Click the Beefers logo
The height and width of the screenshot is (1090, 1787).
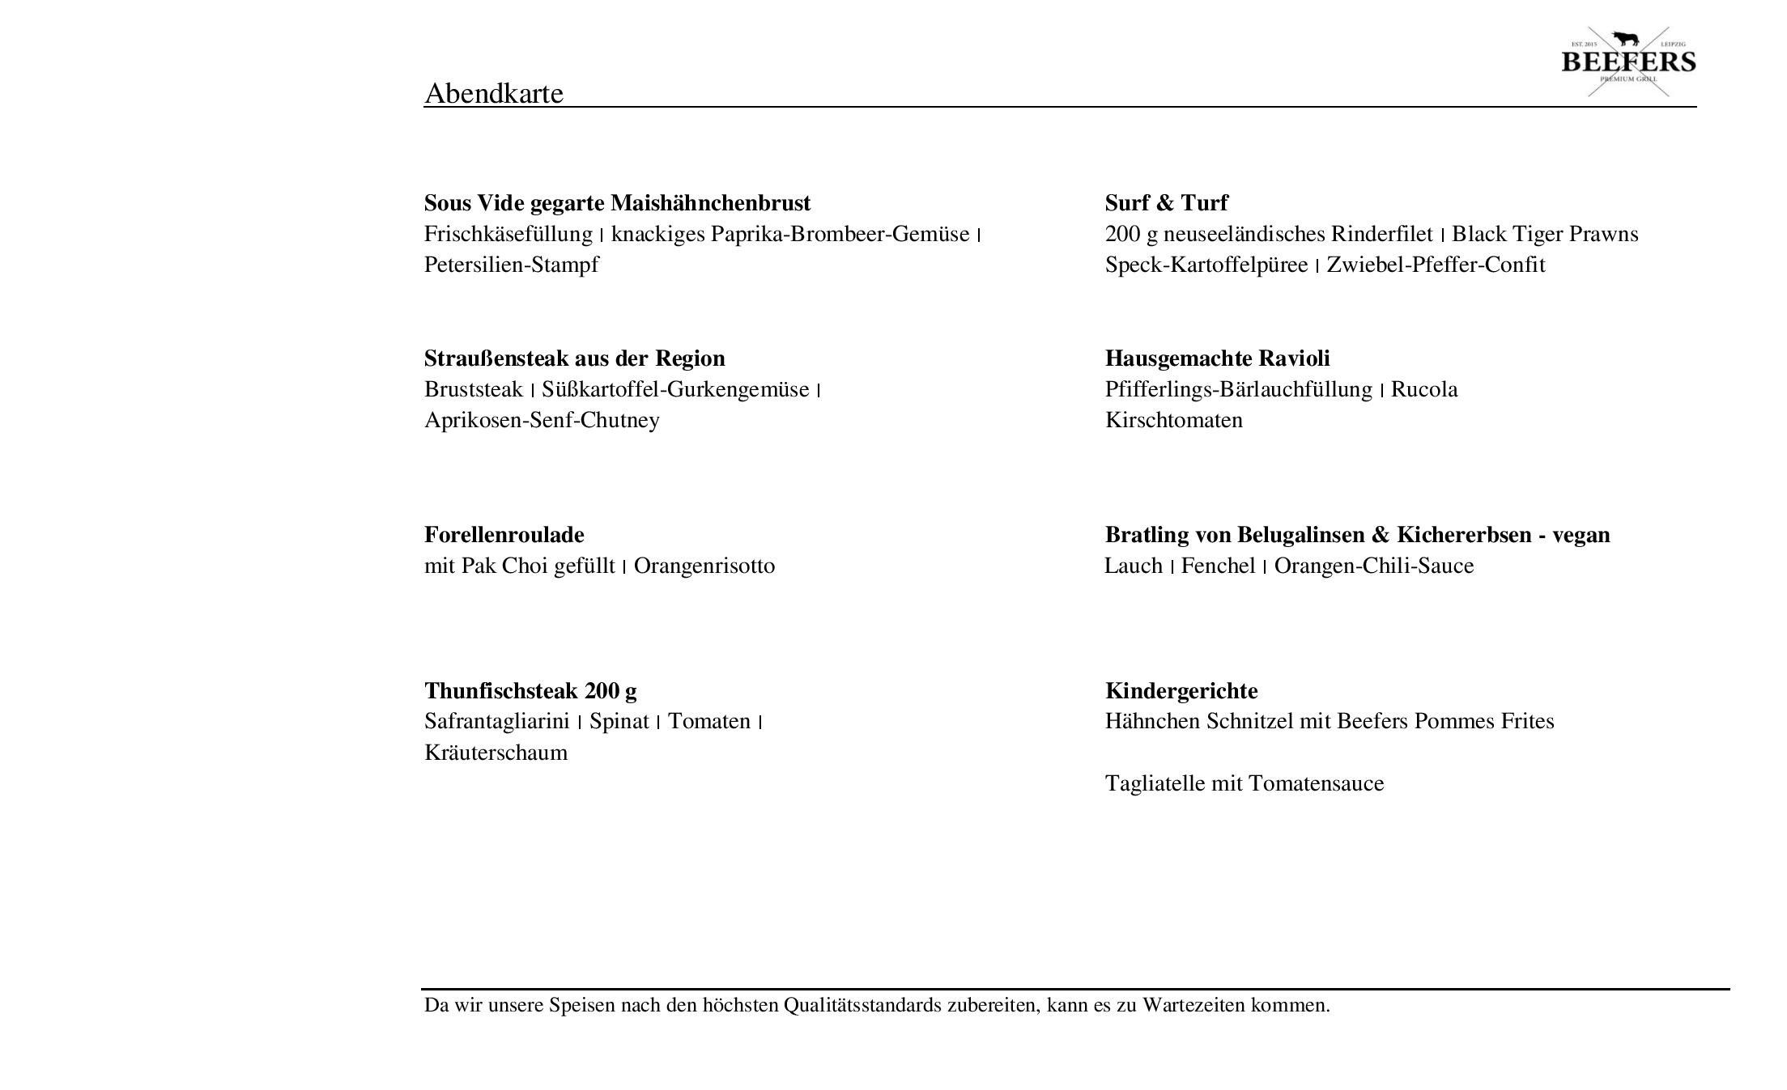[1627, 61]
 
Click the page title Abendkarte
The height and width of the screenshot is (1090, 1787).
[493, 93]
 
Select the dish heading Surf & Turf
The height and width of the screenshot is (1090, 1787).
[1166, 202]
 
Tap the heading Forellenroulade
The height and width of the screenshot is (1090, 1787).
[504, 535]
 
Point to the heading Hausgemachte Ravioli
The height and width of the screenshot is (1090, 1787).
[1217, 358]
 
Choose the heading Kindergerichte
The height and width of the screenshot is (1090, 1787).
[1181, 691]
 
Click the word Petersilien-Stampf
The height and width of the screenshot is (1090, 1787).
[511, 265]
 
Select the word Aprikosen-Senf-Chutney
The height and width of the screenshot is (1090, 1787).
[542, 420]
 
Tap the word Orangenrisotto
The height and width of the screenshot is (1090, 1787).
[704, 566]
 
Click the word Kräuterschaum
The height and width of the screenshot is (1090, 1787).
[496, 753]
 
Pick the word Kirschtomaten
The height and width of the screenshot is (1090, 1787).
[1173, 420]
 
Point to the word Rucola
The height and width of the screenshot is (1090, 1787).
[1423, 389]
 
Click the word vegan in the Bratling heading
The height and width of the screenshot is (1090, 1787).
[1581, 535]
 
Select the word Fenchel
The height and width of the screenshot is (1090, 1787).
[1218, 566]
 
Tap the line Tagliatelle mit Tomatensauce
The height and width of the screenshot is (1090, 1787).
[1244, 783]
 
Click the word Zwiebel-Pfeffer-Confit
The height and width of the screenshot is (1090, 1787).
[1435, 265]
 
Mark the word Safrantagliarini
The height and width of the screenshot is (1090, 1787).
[496, 721]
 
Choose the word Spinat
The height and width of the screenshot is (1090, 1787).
[619, 721]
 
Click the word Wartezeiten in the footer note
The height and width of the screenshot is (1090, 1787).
[1193, 1005]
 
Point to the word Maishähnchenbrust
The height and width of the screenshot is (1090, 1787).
[710, 202]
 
